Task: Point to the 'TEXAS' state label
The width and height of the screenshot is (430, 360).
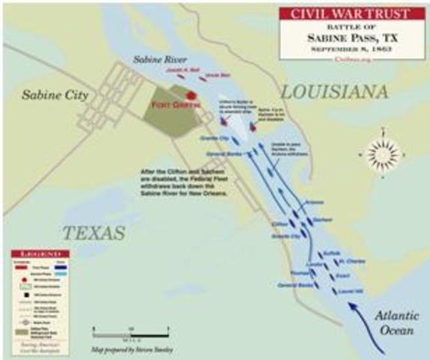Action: coord(93,233)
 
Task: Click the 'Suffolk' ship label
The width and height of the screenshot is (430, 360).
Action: coord(332,253)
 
